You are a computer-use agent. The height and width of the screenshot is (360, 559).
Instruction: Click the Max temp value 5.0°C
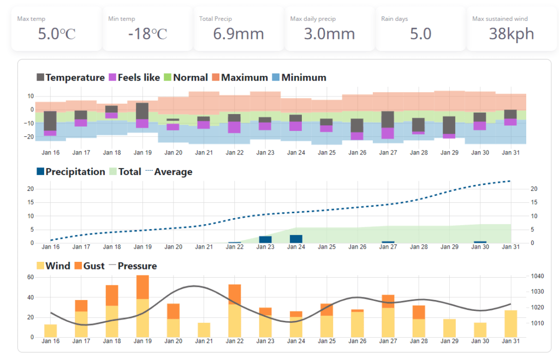[56, 34]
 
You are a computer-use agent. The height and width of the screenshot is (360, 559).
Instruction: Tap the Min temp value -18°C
[147, 34]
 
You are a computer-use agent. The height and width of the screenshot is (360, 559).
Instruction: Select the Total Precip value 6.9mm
[238, 34]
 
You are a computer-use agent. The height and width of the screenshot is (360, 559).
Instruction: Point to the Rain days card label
[394, 19]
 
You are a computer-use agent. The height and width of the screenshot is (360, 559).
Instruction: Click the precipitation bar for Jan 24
[296, 239]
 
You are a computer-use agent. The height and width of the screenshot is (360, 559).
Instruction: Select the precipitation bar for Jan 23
[265, 239]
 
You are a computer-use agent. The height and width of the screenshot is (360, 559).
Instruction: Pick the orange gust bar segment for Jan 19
[142, 287]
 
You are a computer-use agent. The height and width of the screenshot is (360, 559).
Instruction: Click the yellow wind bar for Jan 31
[511, 323]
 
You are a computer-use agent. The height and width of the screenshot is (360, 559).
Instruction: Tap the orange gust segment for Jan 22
[235, 294]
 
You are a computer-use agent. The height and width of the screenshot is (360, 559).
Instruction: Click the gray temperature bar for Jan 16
[50, 121]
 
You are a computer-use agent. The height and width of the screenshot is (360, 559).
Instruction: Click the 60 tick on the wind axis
[31, 277]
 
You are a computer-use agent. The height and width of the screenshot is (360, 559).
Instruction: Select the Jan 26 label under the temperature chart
[358, 153]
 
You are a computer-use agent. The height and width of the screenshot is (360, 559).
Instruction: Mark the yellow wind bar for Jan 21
[204, 329]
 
